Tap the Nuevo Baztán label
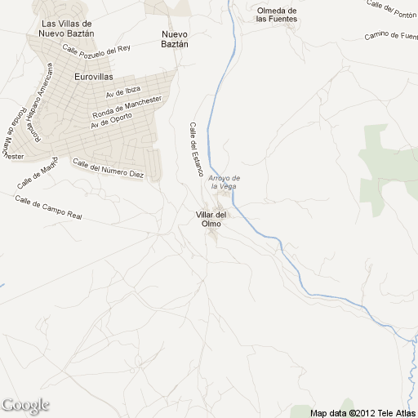pos(175,38)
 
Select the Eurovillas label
pos(94,77)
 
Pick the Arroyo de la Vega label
pos(222,181)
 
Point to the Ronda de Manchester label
pos(127,106)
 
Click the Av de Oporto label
pos(110,118)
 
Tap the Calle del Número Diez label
pos(108,169)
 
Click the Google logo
pos(25,405)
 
